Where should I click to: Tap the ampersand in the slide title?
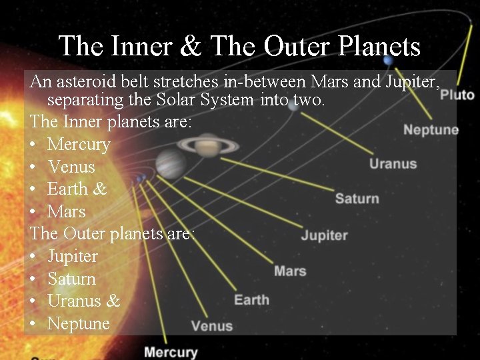(x=192, y=46)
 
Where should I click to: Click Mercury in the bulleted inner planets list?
(x=79, y=144)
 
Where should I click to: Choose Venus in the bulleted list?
(x=71, y=167)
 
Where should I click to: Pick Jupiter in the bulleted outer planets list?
(x=73, y=257)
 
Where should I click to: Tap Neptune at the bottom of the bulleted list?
(x=78, y=324)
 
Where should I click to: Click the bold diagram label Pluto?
(x=457, y=95)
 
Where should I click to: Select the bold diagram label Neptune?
(x=431, y=129)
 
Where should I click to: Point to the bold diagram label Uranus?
(x=393, y=163)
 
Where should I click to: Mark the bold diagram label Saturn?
(x=357, y=198)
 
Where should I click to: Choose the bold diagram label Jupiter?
(x=324, y=235)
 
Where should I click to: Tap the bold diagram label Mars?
(x=290, y=271)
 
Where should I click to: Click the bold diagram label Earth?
(x=251, y=299)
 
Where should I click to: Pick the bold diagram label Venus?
(x=212, y=326)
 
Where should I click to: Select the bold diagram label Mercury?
(x=171, y=352)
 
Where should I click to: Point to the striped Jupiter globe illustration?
(x=171, y=163)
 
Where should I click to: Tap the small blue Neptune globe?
(x=389, y=61)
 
